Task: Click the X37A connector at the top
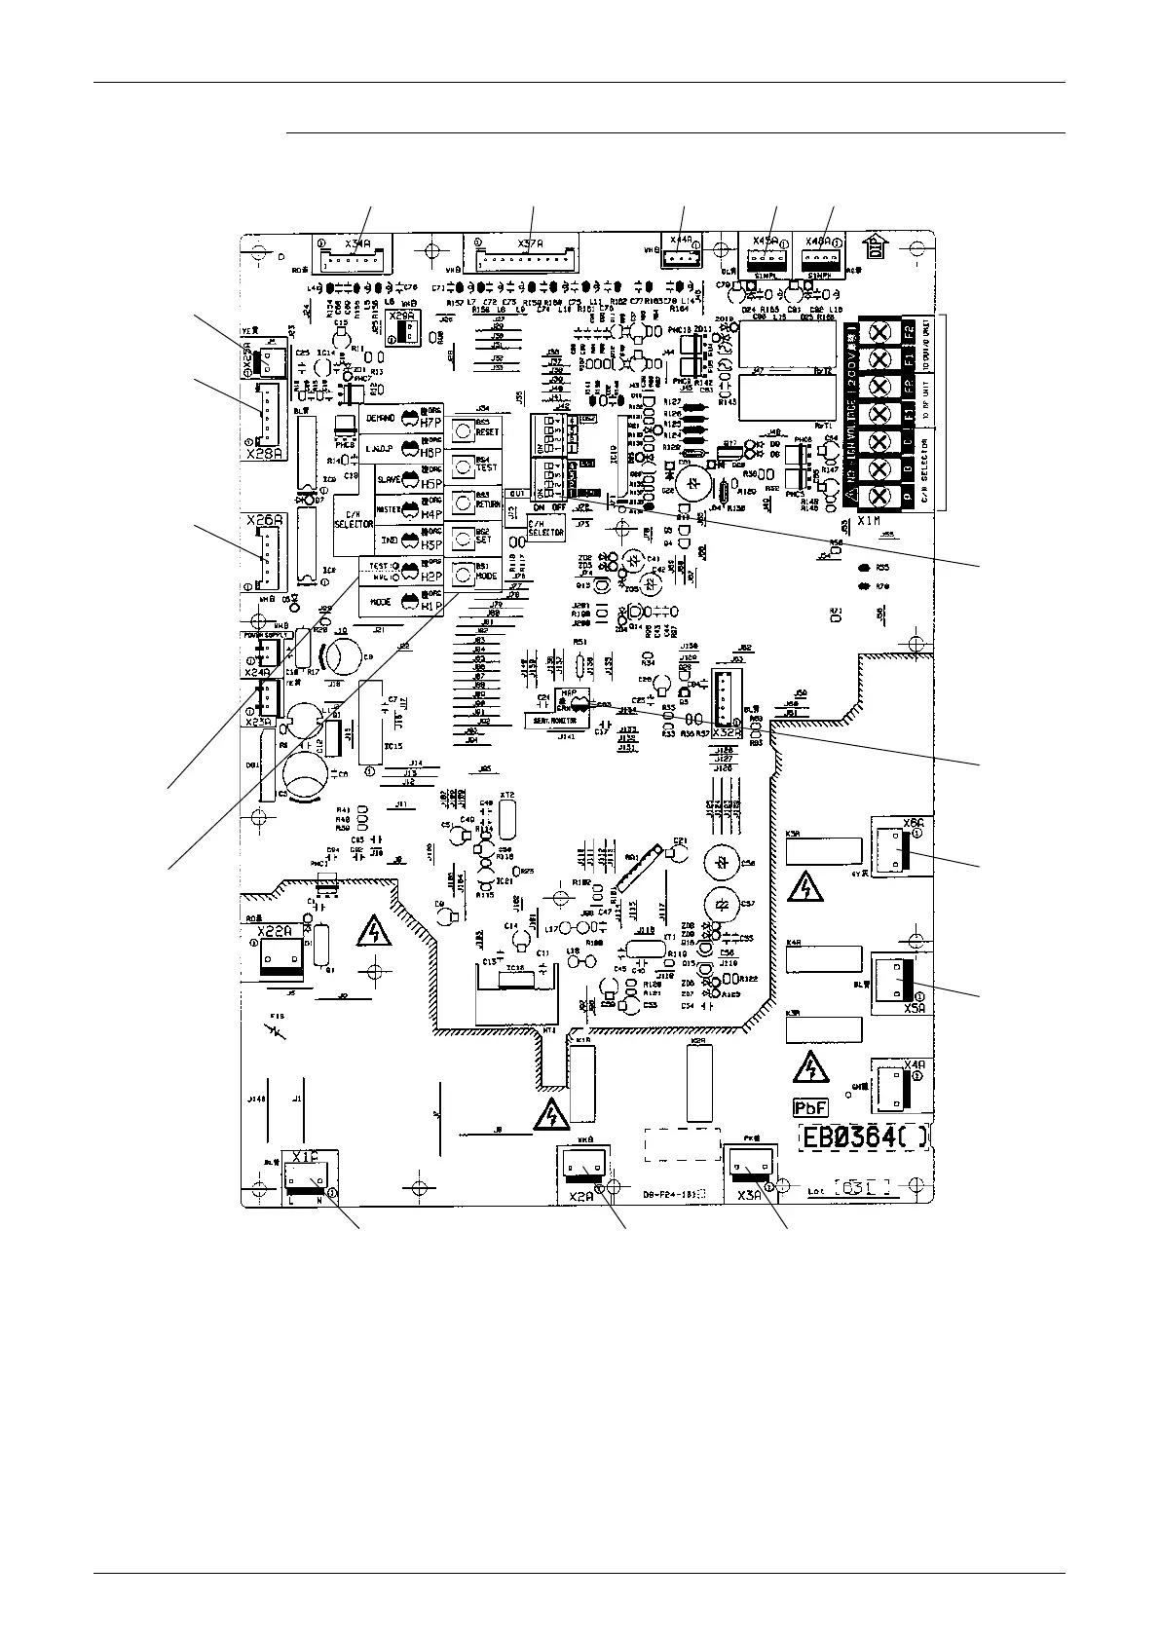(x=526, y=255)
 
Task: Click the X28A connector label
(x=263, y=453)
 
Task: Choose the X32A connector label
(x=727, y=732)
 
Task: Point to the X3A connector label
(x=748, y=1196)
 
